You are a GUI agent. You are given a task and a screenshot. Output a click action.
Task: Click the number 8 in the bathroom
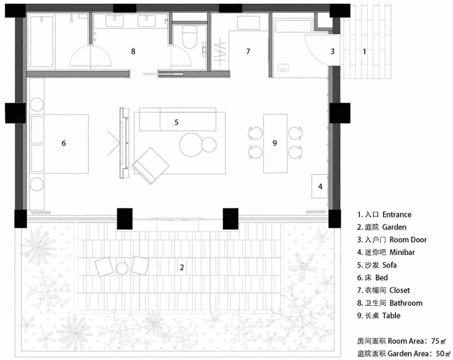(133, 51)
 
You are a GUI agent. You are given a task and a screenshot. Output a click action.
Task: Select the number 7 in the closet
(248, 51)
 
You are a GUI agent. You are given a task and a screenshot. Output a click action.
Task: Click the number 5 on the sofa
(176, 122)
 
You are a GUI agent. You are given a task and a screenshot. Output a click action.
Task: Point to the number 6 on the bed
(64, 143)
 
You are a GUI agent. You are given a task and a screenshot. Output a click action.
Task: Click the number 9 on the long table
(275, 143)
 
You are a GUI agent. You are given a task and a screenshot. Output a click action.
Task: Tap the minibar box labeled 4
(319, 186)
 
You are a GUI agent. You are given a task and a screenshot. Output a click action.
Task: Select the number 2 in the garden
(182, 268)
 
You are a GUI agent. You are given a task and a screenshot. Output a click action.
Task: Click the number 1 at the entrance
(364, 51)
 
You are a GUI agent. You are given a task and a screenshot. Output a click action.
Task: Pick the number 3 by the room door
(333, 51)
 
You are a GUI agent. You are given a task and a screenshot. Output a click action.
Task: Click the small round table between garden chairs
(122, 268)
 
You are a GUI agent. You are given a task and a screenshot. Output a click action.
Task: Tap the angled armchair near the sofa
(151, 166)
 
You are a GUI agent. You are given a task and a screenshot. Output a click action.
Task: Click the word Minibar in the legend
(402, 252)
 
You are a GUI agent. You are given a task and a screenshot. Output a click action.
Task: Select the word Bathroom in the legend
(406, 303)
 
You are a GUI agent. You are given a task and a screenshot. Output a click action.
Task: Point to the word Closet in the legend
(400, 290)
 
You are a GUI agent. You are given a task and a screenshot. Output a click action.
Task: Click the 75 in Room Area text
(436, 341)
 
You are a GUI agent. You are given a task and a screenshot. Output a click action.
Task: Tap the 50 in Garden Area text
(440, 353)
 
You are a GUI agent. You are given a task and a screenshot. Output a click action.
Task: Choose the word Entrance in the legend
(397, 214)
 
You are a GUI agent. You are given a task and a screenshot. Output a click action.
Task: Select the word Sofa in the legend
(389, 265)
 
